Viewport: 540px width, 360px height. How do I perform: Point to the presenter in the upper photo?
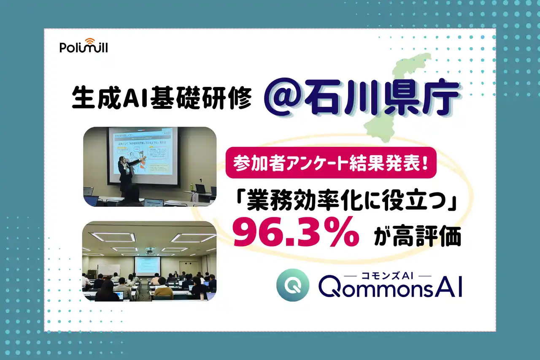pos(125,171)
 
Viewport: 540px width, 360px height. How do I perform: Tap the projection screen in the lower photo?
pos(147,265)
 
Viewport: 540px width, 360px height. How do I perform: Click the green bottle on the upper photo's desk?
pos(192,186)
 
